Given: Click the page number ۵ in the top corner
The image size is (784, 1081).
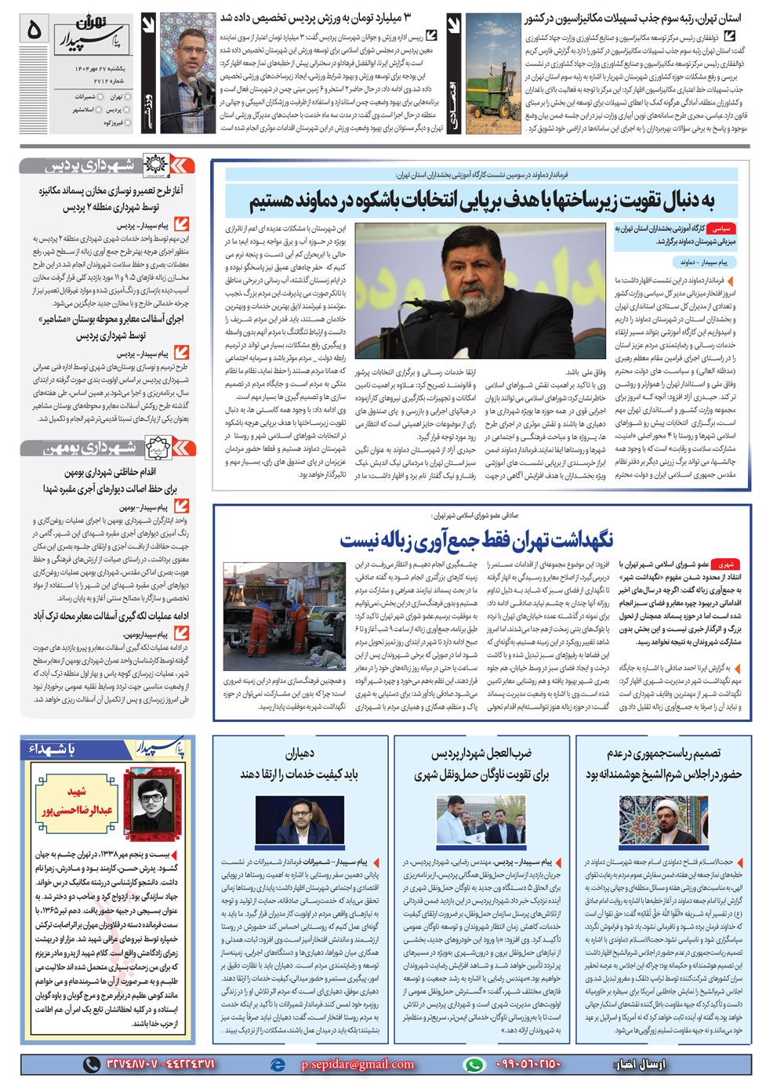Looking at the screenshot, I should point(34,31).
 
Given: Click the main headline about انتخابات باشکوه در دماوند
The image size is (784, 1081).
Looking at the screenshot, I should point(482,201).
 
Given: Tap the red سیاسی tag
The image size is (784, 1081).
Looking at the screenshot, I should point(721,229).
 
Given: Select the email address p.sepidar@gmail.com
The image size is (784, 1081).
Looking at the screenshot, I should point(357,1064).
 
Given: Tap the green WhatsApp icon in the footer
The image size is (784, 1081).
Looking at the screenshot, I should point(474,1064).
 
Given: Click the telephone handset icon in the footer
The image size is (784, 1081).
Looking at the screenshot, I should point(92,1064).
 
